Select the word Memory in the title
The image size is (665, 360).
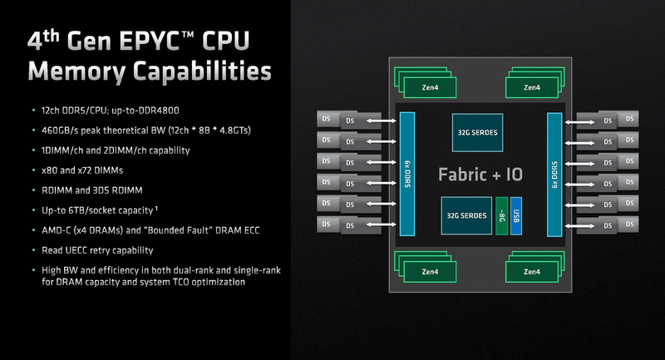pos(79,72)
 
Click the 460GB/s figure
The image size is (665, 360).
pos(60,130)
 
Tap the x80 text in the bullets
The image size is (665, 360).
pos(49,170)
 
